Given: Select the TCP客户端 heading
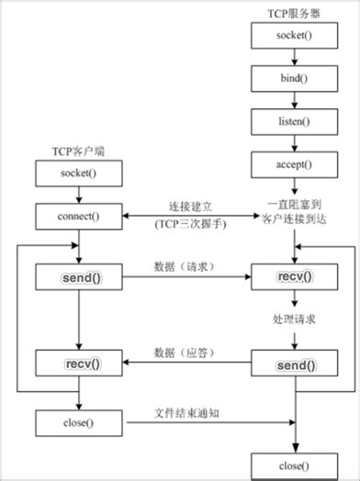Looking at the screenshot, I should tap(77, 149).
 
